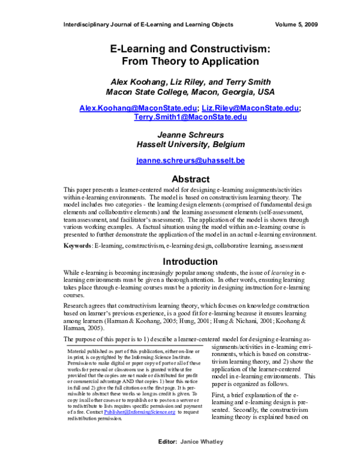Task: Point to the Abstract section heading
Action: pos(190,179)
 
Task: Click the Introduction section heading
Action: pos(190,261)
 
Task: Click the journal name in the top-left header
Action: pos(148,25)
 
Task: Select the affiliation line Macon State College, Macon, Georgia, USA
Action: pos(190,92)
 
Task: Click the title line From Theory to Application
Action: pos(190,61)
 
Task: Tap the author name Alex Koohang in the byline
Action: pos(154,82)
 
